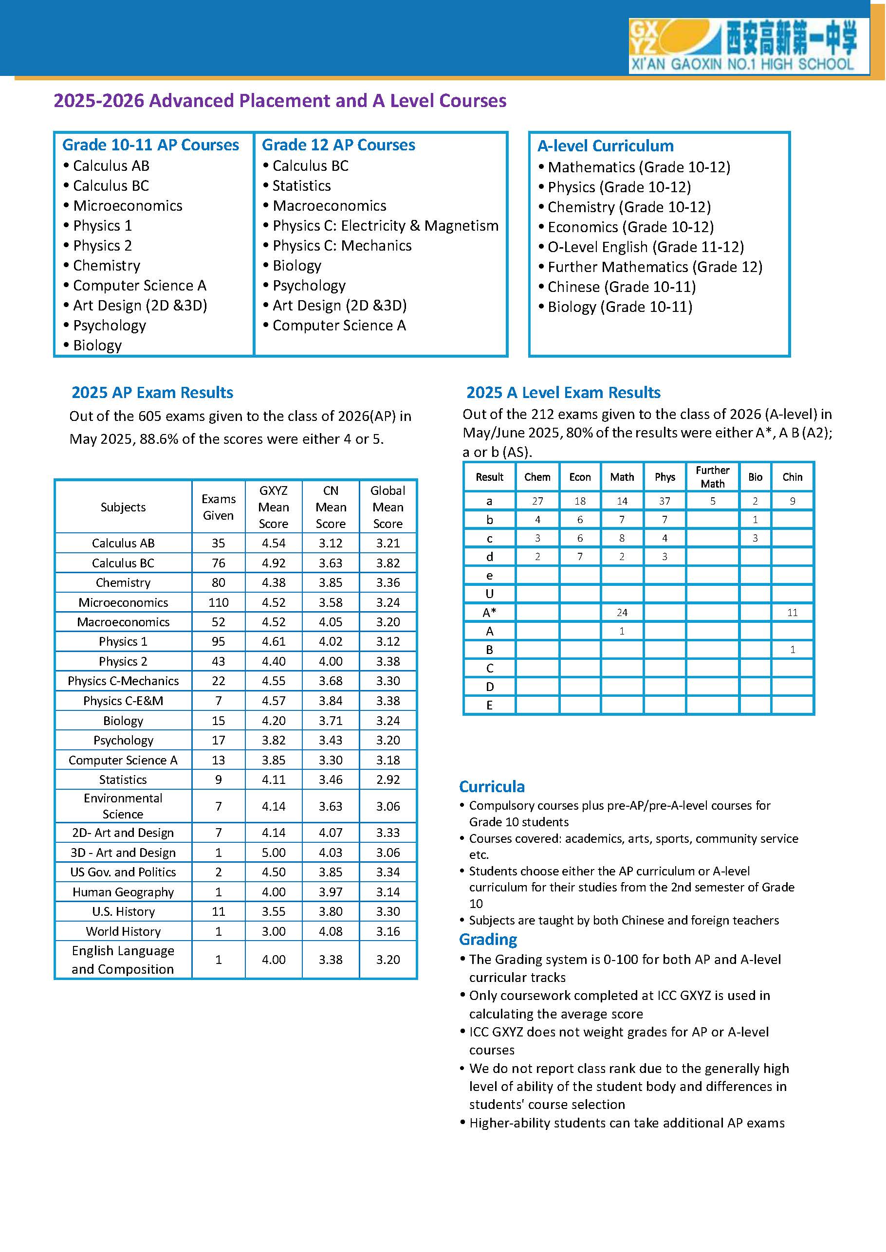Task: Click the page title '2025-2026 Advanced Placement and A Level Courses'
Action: click(280, 101)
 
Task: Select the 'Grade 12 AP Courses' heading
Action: click(338, 145)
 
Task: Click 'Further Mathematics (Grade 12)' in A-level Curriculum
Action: click(655, 267)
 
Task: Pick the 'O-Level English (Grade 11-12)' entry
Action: click(646, 247)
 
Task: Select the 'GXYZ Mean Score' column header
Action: click(273, 507)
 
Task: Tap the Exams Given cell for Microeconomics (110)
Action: click(218, 602)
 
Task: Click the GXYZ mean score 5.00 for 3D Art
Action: click(273, 853)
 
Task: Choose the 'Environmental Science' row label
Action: click(123, 806)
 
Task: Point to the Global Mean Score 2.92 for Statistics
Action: click(388, 780)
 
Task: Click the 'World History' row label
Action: click(123, 931)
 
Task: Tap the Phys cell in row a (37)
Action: click(664, 501)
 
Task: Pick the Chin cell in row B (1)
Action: click(792, 650)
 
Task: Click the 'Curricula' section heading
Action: click(492, 786)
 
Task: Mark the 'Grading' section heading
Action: click(488, 940)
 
